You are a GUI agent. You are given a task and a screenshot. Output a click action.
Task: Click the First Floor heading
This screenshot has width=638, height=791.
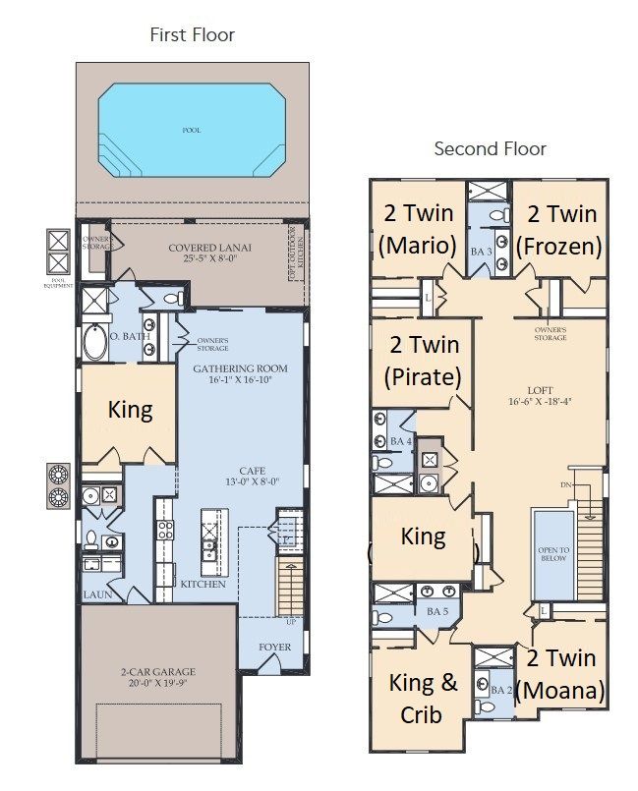192,35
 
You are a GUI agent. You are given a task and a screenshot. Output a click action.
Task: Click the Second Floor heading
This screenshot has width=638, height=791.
490,148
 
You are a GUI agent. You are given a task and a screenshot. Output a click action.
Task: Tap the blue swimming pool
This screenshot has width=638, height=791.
193,129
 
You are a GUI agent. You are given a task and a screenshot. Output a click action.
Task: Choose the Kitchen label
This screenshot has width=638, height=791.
203,584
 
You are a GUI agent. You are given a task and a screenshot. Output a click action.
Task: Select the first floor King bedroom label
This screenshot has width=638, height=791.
130,410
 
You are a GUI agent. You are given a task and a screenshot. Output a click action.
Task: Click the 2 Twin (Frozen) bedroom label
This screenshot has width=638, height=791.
561,230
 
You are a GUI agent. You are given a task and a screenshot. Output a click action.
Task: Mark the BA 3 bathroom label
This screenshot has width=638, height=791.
481,252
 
